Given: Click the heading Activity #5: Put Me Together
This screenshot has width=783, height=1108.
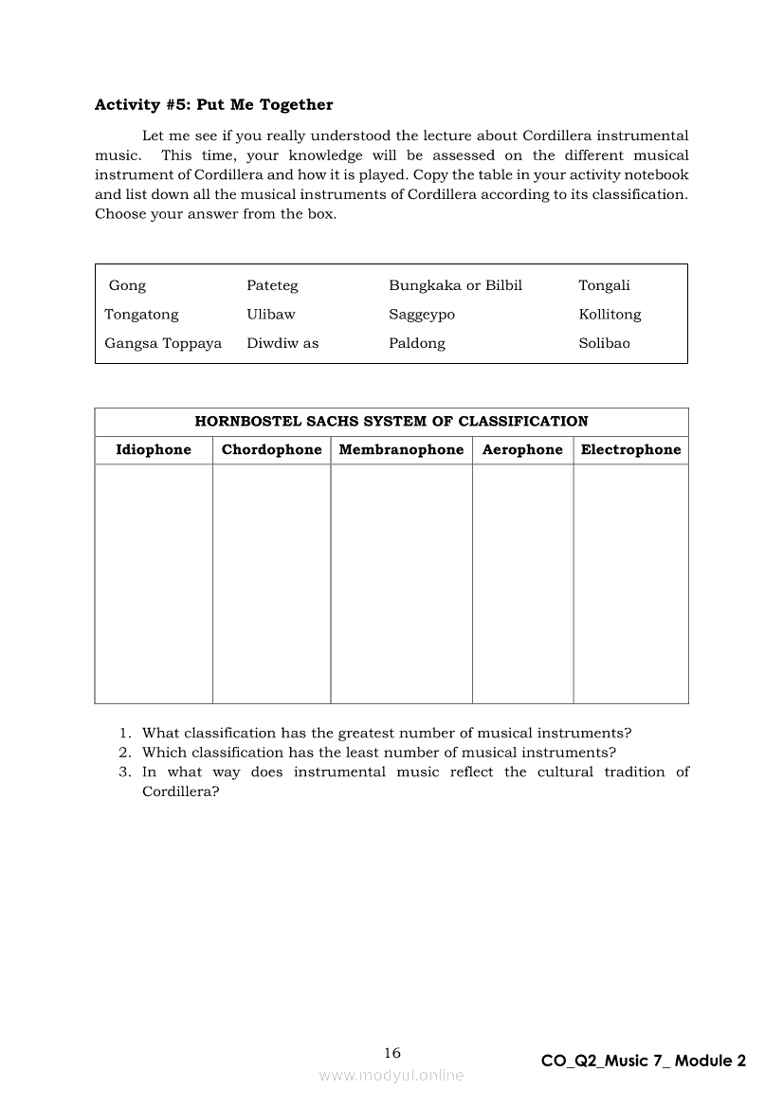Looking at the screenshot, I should (x=213, y=105).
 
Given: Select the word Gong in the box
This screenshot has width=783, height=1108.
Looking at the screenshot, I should (x=127, y=285).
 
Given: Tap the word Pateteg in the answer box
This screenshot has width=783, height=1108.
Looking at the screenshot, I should (x=272, y=285).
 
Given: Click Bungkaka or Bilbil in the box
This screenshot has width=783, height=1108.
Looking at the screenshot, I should (x=455, y=285).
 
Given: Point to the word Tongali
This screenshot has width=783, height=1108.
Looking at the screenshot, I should (x=604, y=285).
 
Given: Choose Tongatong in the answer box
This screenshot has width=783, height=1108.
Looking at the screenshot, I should (x=141, y=315).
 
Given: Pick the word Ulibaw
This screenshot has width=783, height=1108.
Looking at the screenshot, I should (x=271, y=315).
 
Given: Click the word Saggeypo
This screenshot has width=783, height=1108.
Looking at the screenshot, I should (x=422, y=315).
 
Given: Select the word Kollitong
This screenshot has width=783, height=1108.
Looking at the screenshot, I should (x=610, y=315).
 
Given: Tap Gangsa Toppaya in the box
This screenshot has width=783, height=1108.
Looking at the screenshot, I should (x=163, y=343).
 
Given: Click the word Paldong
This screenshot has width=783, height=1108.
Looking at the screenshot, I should (x=416, y=343).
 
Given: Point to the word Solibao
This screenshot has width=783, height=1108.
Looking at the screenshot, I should (x=604, y=343).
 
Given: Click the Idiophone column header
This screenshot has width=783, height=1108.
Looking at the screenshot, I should (x=154, y=450).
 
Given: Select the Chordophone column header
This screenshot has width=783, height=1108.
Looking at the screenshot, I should (x=271, y=450).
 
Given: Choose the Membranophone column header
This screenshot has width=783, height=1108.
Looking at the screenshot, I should (x=401, y=450).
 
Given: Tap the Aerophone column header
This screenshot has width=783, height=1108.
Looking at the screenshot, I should (x=522, y=450).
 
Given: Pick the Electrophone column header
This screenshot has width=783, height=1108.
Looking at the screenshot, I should (x=630, y=450).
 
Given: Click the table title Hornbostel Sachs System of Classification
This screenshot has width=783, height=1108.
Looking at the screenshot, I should (x=391, y=422).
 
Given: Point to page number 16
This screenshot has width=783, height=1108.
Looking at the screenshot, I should (x=392, y=1053).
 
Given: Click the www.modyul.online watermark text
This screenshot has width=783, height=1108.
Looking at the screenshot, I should (x=391, y=1076).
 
